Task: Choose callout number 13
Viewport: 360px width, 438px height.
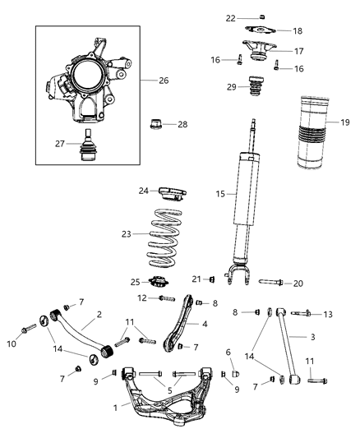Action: [328, 314]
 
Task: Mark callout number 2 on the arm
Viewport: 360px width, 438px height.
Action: [98, 314]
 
